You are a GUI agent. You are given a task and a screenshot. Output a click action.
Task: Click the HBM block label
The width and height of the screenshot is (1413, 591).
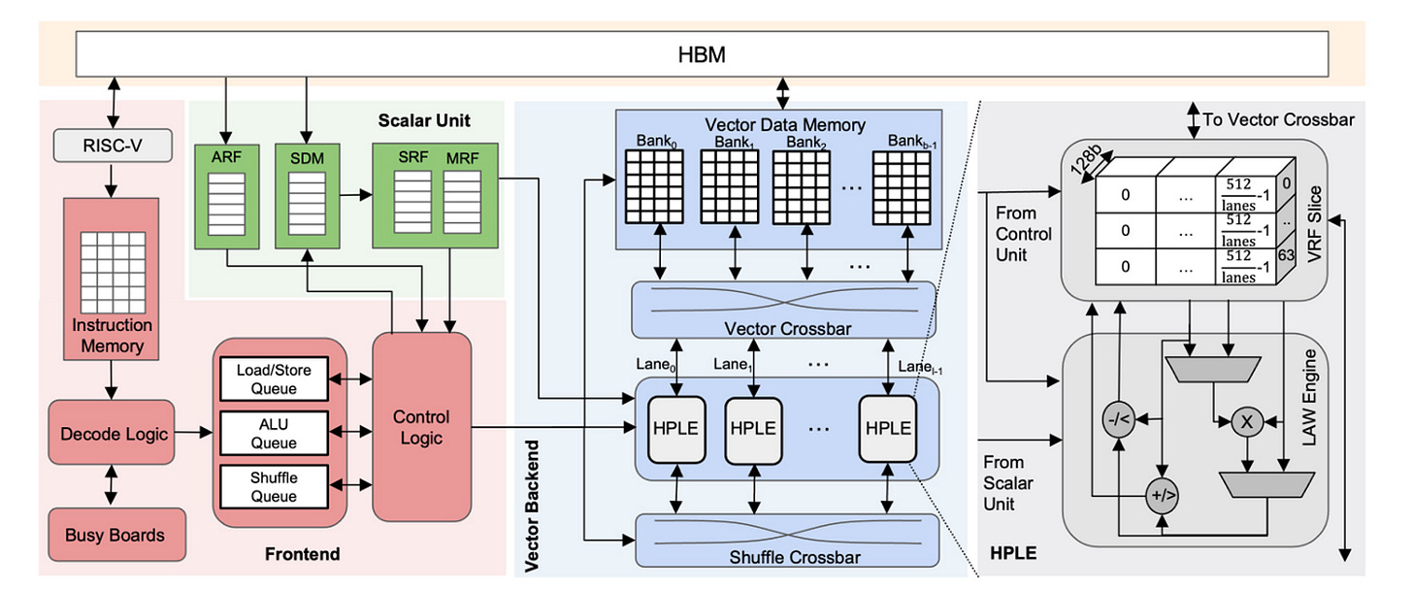click(x=701, y=54)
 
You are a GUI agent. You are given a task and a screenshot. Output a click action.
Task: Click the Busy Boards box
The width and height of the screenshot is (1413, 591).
click(x=115, y=534)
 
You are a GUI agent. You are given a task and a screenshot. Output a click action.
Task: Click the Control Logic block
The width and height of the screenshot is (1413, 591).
click(x=421, y=427)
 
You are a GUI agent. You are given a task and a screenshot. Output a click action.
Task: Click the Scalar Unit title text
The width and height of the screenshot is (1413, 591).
click(x=425, y=121)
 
